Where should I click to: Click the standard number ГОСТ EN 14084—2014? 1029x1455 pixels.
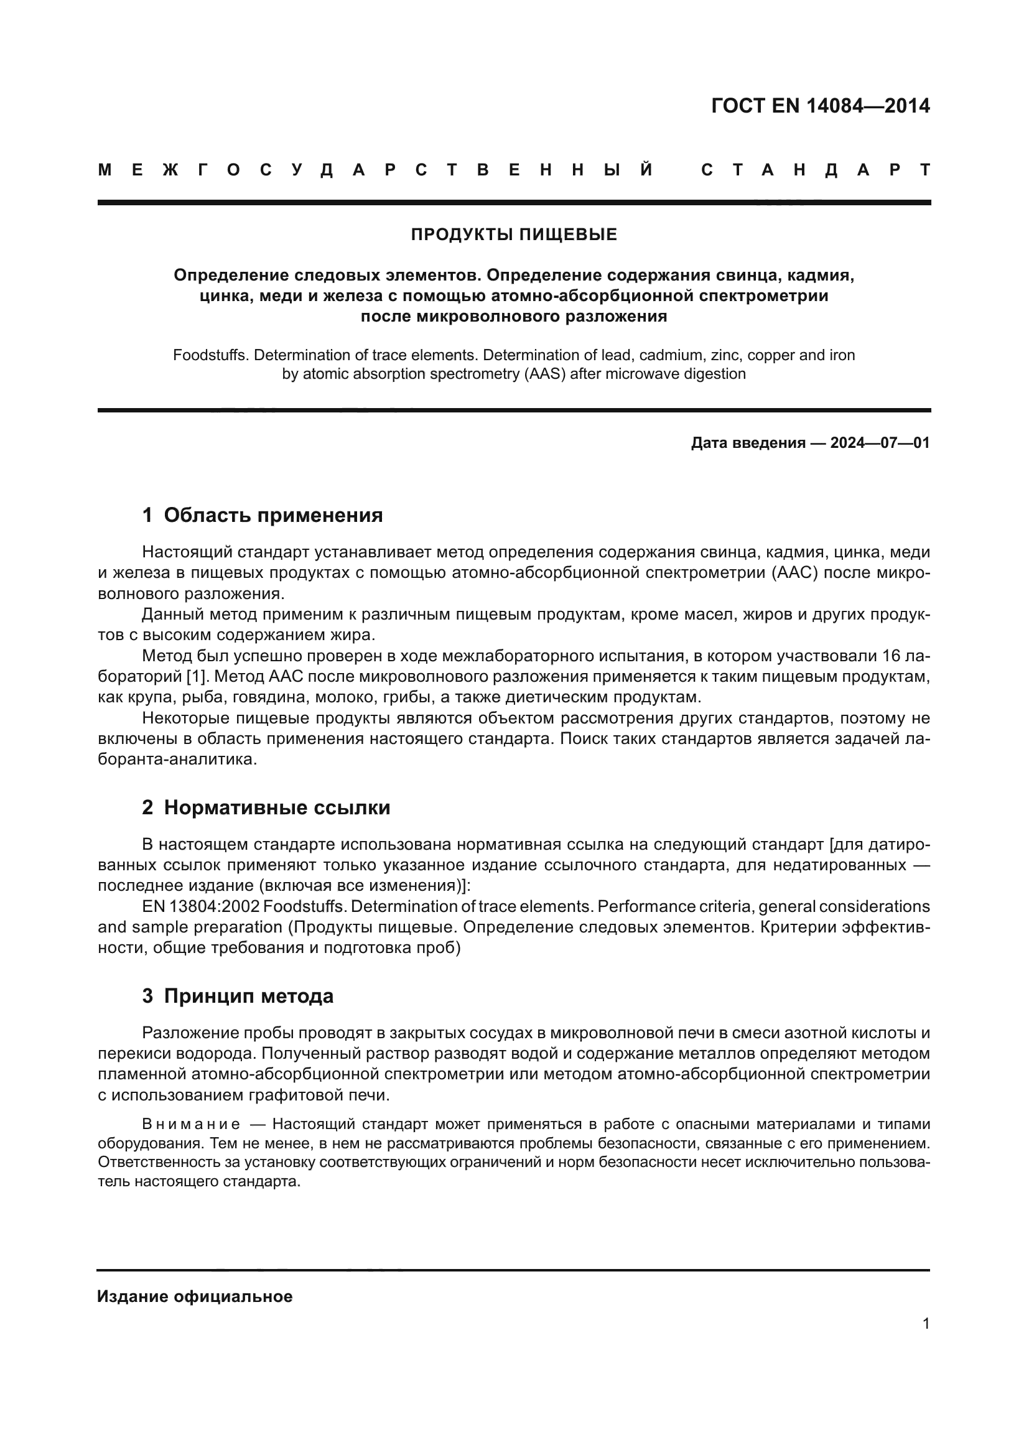click(820, 106)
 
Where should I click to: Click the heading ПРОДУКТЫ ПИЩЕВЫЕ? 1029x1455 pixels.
click(514, 235)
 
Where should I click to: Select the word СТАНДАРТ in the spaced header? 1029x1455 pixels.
click(816, 170)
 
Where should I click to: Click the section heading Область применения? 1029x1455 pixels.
click(273, 515)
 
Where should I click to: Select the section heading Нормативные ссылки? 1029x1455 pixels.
click(277, 807)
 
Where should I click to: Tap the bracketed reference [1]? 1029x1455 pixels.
click(197, 677)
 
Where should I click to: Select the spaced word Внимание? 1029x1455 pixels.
click(191, 1124)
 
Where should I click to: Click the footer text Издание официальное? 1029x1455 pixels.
click(195, 1296)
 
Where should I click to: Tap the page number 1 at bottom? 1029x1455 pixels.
click(926, 1323)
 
